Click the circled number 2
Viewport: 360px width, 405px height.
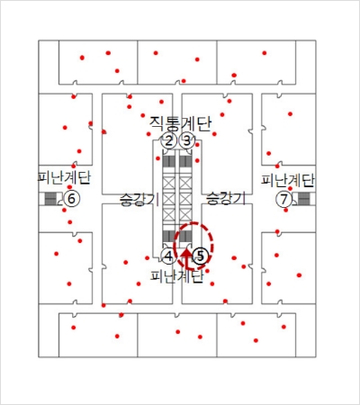(169, 140)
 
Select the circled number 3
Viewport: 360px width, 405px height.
(186, 140)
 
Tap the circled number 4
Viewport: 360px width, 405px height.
(169, 256)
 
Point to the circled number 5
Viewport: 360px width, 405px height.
(200, 256)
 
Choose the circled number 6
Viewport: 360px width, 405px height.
(71, 199)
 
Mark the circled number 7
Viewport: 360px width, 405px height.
(283, 199)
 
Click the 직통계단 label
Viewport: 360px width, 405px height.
(180, 123)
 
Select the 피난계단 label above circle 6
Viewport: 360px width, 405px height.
(64, 177)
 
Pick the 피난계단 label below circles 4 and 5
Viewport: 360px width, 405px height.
(177, 276)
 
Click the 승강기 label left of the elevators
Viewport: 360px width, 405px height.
(139, 199)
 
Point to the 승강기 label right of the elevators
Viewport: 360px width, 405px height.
(226, 199)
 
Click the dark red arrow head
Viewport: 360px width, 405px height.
(186, 254)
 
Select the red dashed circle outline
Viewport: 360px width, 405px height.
(213, 246)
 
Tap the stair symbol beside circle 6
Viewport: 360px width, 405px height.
(50, 199)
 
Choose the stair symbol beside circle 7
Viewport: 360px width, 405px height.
(303, 199)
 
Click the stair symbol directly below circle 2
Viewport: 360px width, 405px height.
(168, 161)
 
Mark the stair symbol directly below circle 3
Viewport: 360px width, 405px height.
(185, 161)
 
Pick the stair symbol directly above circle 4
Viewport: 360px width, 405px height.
(168, 236)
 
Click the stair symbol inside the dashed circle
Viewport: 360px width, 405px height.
(185, 236)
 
